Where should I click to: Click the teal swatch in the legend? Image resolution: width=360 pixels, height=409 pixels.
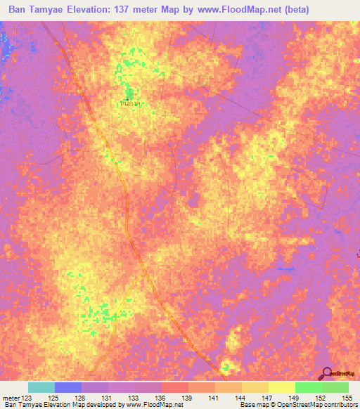(41, 387)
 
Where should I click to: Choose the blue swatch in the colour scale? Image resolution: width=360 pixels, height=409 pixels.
(67, 387)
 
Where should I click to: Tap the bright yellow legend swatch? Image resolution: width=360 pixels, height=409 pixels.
(281, 387)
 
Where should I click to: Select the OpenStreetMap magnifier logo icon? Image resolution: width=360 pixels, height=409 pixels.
(326, 372)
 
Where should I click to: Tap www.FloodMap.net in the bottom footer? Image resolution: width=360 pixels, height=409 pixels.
(150, 405)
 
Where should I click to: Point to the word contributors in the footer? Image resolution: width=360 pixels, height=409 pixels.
(339, 405)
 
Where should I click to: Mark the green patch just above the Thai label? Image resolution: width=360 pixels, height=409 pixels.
(129, 93)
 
